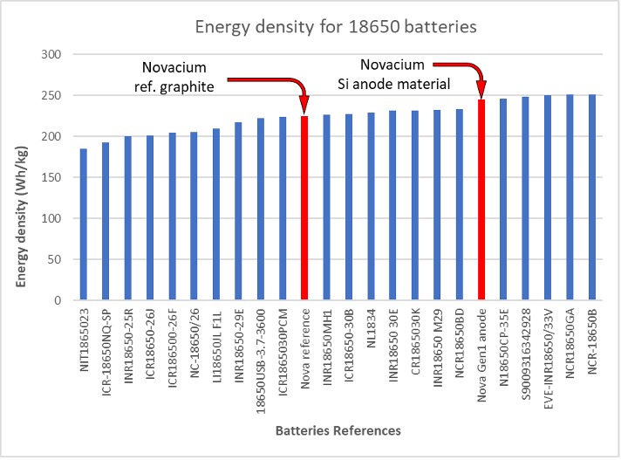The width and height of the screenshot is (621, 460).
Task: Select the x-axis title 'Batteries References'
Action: pyautogui.click(x=338, y=430)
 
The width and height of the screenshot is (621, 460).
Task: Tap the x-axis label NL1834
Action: pyautogui.click(x=372, y=327)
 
